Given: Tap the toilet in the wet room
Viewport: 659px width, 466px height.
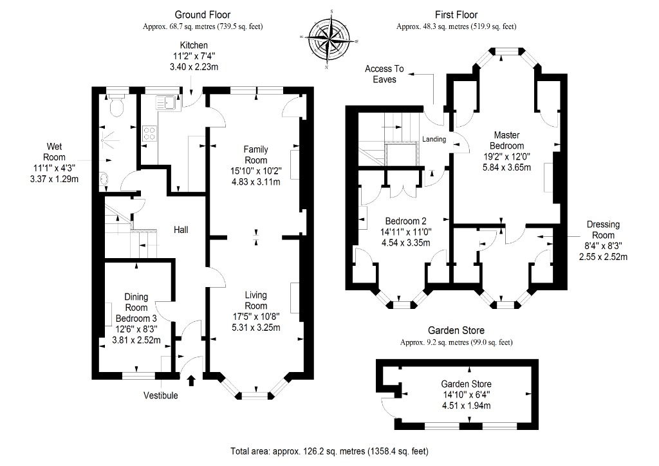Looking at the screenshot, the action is point(116,106).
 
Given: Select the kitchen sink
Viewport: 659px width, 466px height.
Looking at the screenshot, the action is point(165,102).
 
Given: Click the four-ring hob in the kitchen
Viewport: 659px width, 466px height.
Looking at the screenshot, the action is point(149,134).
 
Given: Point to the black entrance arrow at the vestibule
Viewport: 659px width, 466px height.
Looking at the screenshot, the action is point(191,380).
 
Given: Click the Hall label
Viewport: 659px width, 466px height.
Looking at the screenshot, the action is point(181,230).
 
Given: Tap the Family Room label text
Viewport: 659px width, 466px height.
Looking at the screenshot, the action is point(255,154).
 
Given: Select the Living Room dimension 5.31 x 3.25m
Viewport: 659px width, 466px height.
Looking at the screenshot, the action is point(256,328).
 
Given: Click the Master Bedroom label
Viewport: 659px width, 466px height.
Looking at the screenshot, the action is point(507,140).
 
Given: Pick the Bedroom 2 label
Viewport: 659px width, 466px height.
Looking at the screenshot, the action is point(405,221).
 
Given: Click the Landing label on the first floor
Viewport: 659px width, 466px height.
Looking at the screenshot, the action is point(434,139).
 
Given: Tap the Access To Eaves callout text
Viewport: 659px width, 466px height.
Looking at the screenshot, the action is point(384,74).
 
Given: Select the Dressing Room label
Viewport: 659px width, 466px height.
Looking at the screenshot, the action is point(603,230).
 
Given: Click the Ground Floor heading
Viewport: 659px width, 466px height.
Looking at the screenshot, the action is point(203,15).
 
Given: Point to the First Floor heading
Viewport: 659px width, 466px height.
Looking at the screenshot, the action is point(456,15).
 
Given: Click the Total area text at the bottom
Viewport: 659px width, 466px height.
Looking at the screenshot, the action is point(329,451).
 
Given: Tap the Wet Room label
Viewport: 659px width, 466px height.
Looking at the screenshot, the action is point(54,152).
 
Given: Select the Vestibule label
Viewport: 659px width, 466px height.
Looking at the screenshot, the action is point(160,395).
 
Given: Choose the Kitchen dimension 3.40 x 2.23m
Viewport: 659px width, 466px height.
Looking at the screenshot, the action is point(194,67).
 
